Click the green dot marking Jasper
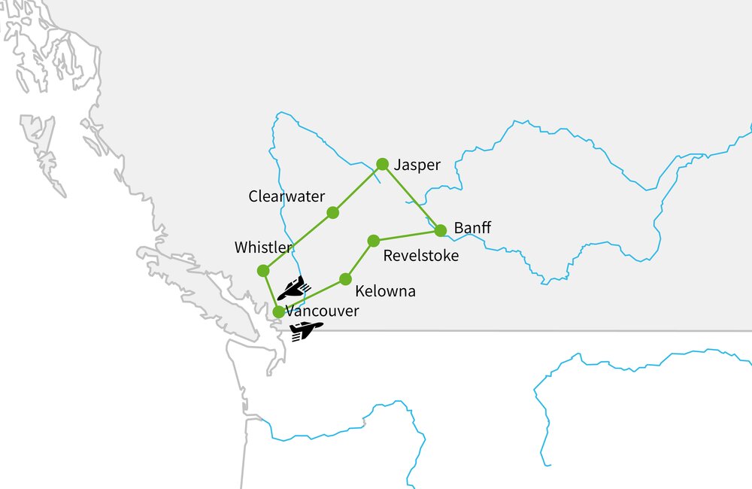coord(382,164)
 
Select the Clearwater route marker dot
coord(332,213)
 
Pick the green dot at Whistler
coord(262,270)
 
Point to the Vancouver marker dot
coord(278,311)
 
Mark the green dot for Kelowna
coord(345,279)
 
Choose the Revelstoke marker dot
coord(373,241)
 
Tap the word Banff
coord(472,227)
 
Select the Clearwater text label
coord(287,196)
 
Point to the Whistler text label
coord(263,248)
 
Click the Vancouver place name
coord(322,311)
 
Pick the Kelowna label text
coord(385,291)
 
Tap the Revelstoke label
coord(420,256)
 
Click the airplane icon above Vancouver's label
coord(292,288)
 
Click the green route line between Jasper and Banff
coord(411,197)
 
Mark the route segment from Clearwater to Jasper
coord(357,188)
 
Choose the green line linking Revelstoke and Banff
coord(407,235)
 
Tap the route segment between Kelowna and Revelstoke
coord(359,260)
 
